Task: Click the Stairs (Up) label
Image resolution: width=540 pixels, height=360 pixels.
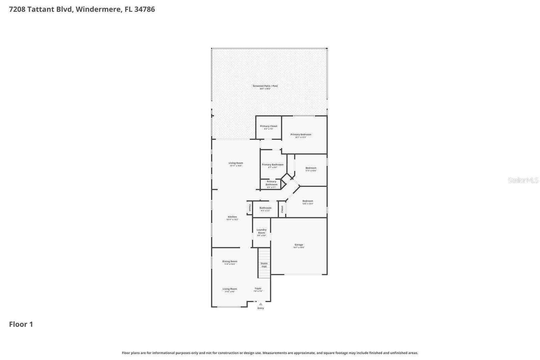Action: pyautogui.click(x=264, y=265)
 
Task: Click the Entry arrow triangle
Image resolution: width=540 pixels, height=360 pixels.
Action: pyautogui.click(x=261, y=304)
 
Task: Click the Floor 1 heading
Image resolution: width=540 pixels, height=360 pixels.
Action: pyautogui.click(x=21, y=325)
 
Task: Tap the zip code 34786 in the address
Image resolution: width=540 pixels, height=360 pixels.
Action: pyautogui.click(x=144, y=9)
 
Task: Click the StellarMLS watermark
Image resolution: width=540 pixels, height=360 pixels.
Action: pyautogui.click(x=523, y=180)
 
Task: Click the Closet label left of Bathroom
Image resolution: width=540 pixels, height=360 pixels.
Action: pyautogui.click(x=250, y=208)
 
